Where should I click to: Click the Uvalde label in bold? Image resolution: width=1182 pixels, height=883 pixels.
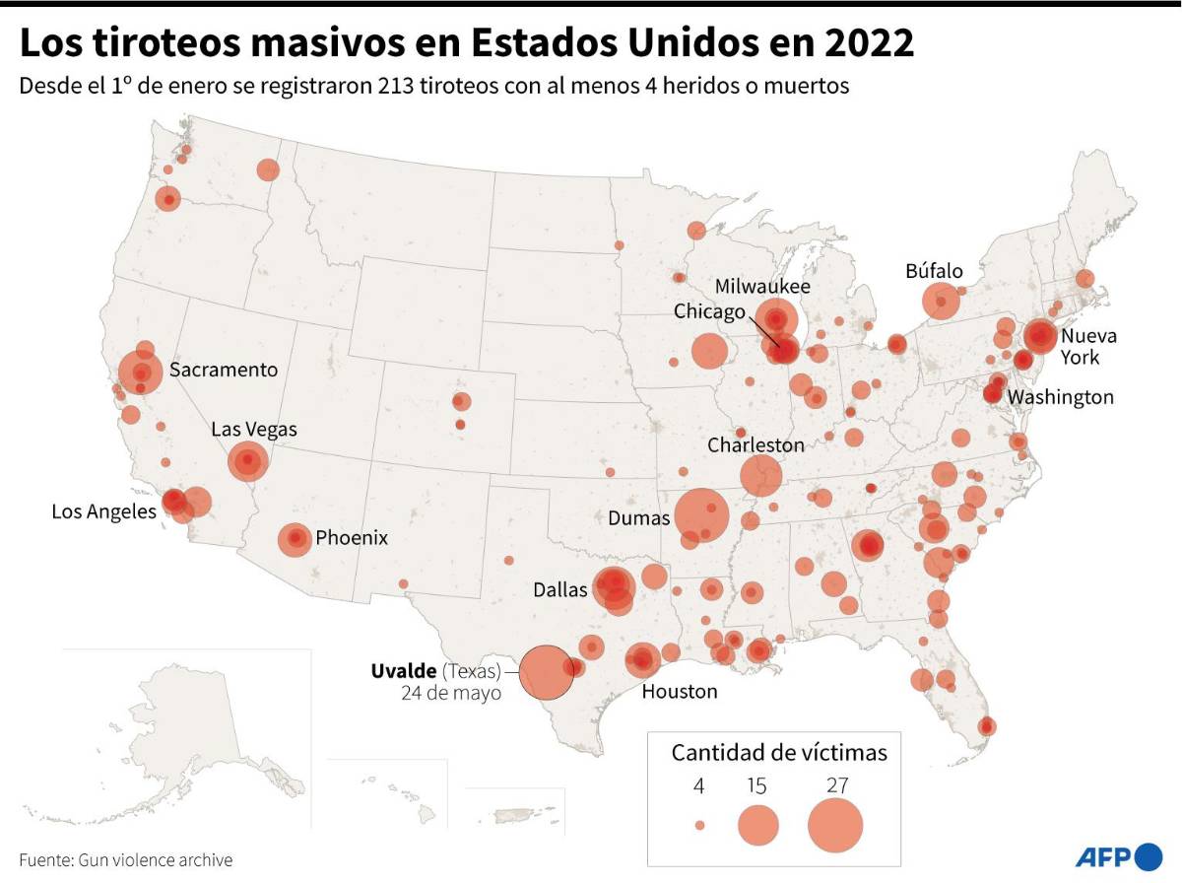404,671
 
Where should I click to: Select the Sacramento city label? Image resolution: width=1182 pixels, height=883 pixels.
224,371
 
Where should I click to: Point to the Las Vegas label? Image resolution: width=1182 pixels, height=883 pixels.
253,430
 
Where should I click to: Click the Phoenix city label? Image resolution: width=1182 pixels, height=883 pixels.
352,538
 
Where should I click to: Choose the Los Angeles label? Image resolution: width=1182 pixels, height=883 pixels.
103,511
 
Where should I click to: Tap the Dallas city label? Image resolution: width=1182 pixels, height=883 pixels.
559,590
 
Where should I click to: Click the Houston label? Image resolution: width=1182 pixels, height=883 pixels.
680,692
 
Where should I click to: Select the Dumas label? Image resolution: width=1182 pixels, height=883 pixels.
639,518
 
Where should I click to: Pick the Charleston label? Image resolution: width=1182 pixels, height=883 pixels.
755,445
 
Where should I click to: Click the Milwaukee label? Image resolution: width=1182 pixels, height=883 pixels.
762,287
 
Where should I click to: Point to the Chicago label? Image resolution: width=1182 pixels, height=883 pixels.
709,311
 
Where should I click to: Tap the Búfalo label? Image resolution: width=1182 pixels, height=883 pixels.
934,271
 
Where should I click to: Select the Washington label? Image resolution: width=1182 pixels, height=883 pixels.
1061,397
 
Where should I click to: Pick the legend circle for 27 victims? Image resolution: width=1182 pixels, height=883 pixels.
835,825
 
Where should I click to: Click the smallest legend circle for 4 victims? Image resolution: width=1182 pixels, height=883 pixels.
699,826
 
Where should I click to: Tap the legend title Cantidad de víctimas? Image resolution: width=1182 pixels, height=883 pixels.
779,753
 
